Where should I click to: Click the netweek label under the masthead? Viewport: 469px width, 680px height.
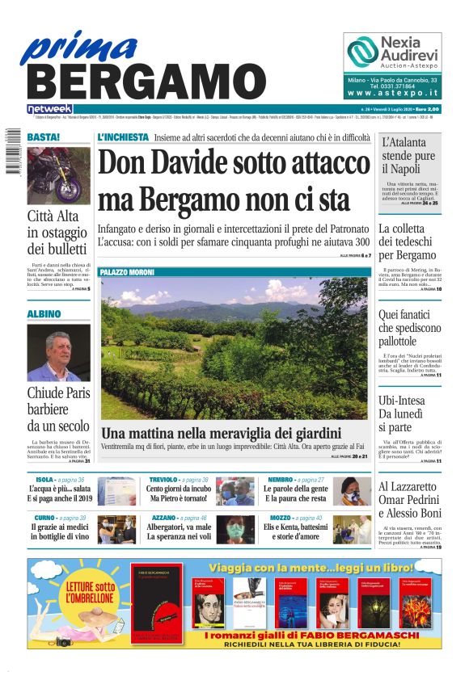[49, 109]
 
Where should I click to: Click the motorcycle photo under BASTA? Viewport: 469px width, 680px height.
[58, 175]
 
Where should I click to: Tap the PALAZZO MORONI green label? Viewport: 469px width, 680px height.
[128, 273]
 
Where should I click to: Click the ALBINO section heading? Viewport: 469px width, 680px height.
[44, 313]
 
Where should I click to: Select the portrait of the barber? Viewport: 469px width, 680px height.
[58, 353]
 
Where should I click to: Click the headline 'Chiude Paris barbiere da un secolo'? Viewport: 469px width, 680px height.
[58, 409]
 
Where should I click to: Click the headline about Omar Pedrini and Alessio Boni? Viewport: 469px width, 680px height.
[410, 500]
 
